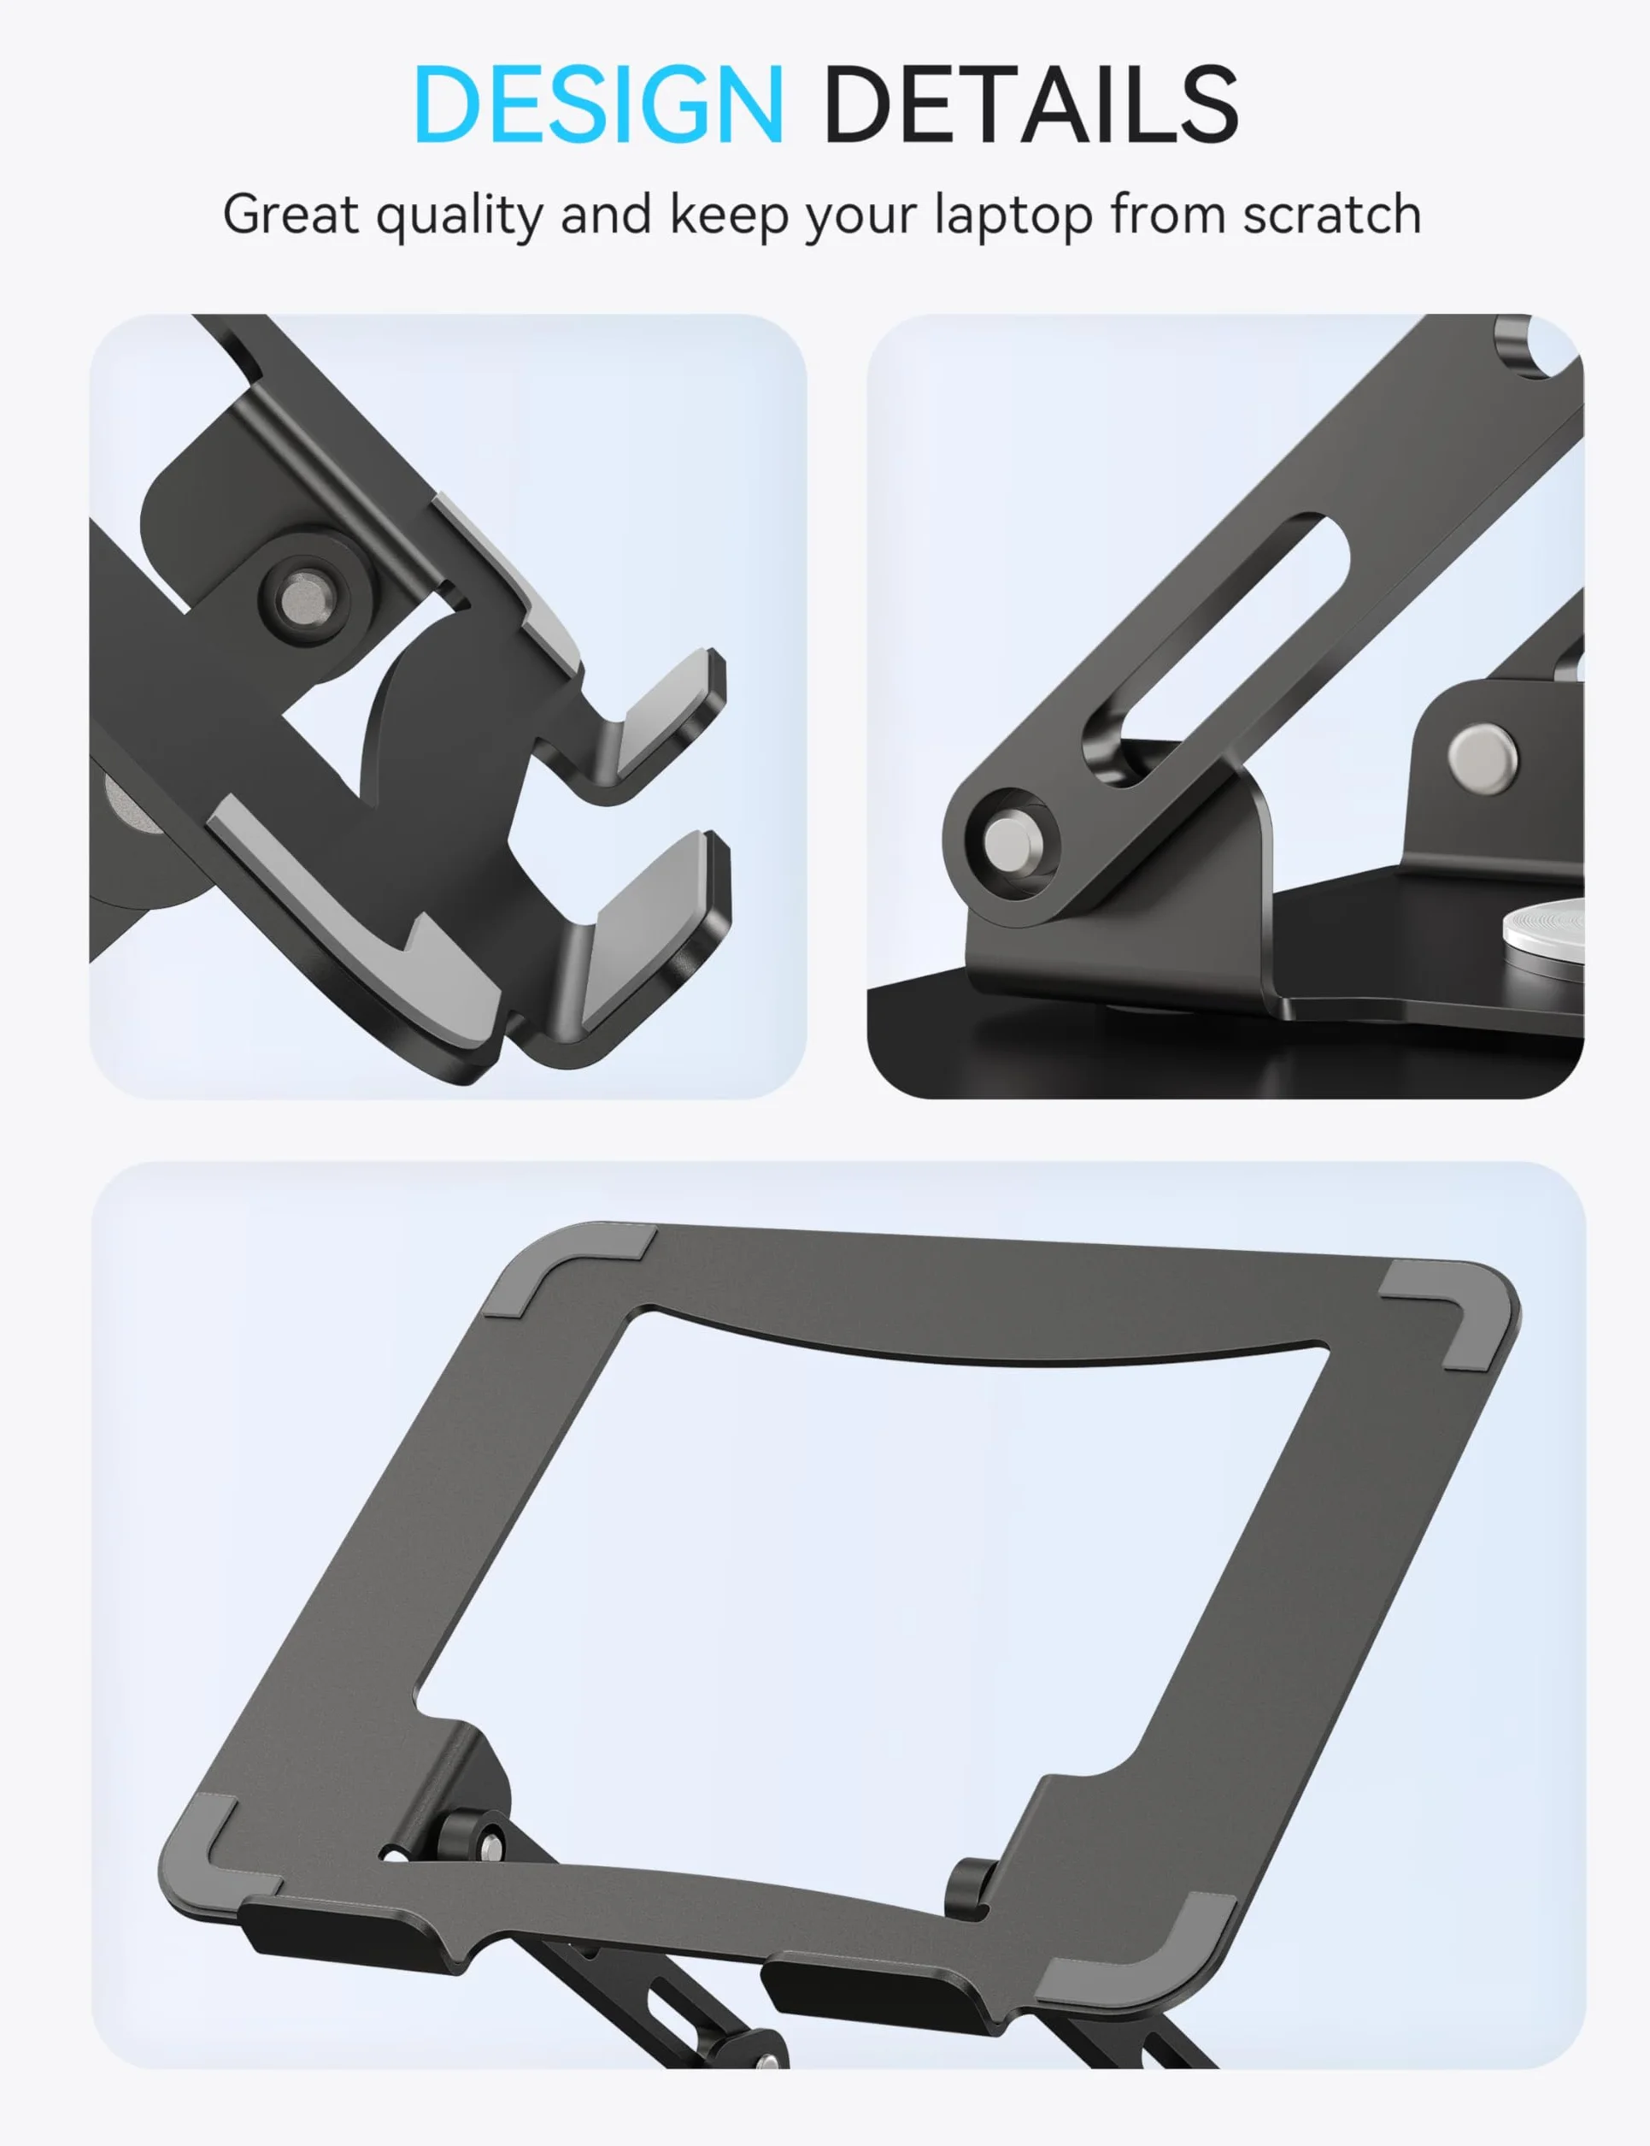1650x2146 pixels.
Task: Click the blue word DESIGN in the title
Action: tap(598, 103)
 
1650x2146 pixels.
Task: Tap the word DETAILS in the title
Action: tap(1031, 103)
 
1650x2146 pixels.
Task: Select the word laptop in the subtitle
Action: tap(1013, 216)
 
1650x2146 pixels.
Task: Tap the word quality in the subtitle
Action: tap(460, 216)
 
